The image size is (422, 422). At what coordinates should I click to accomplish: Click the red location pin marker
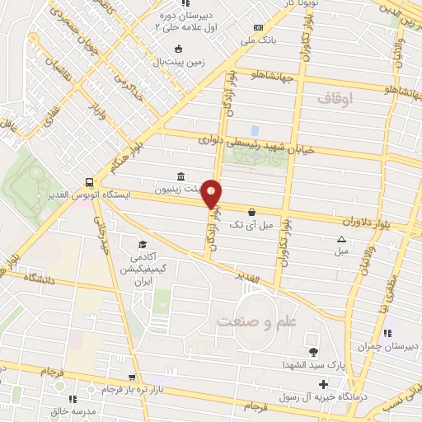click(212, 194)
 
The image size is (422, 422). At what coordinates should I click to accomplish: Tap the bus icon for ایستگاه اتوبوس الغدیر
click(87, 183)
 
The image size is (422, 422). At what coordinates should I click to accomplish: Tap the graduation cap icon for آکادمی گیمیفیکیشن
click(143, 244)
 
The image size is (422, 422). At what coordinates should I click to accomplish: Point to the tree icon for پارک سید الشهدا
click(313, 340)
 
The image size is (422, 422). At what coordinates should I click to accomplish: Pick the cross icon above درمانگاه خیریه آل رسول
click(324, 384)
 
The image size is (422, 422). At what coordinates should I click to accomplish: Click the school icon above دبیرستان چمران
click(387, 333)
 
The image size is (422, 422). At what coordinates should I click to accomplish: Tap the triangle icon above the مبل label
click(342, 239)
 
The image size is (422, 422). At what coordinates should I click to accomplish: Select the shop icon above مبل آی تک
click(251, 212)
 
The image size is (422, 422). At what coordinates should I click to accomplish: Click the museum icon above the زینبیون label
click(181, 176)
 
